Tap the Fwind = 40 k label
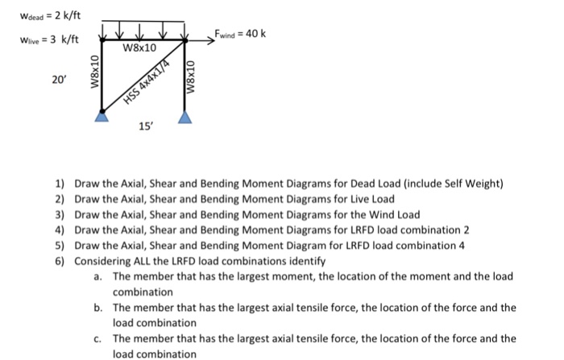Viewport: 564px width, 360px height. click(240, 34)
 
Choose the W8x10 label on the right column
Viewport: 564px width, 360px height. click(191, 77)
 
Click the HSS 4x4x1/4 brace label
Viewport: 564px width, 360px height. click(151, 82)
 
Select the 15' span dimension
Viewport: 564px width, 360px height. click(144, 127)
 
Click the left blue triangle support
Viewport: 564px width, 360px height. click(102, 118)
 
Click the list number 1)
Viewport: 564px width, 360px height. click(60, 184)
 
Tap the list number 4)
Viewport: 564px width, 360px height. click(60, 230)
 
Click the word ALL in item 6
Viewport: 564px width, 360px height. click(140, 261)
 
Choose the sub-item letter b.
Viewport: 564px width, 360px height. click(97, 307)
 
